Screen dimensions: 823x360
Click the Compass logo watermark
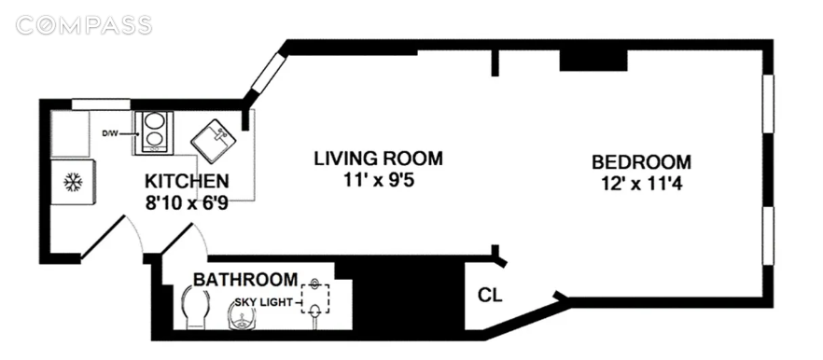[x=84, y=25]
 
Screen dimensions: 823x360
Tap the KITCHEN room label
[x=187, y=182]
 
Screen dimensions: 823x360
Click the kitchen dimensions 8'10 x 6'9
[x=187, y=202]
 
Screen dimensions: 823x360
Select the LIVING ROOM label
[x=379, y=158]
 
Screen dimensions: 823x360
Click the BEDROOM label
[x=641, y=161]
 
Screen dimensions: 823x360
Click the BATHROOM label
[x=245, y=279]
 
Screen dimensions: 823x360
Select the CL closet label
[x=490, y=295]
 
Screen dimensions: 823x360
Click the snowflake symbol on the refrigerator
[x=73, y=183]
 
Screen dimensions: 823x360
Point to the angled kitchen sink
[x=216, y=139]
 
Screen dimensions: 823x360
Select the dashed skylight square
[x=315, y=298]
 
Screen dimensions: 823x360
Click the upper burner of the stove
[x=153, y=122]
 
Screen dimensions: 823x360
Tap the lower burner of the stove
[x=153, y=140]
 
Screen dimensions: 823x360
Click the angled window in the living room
[x=268, y=73]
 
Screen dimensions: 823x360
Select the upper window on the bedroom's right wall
[x=768, y=104]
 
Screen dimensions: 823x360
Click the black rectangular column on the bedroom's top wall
[x=593, y=61]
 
